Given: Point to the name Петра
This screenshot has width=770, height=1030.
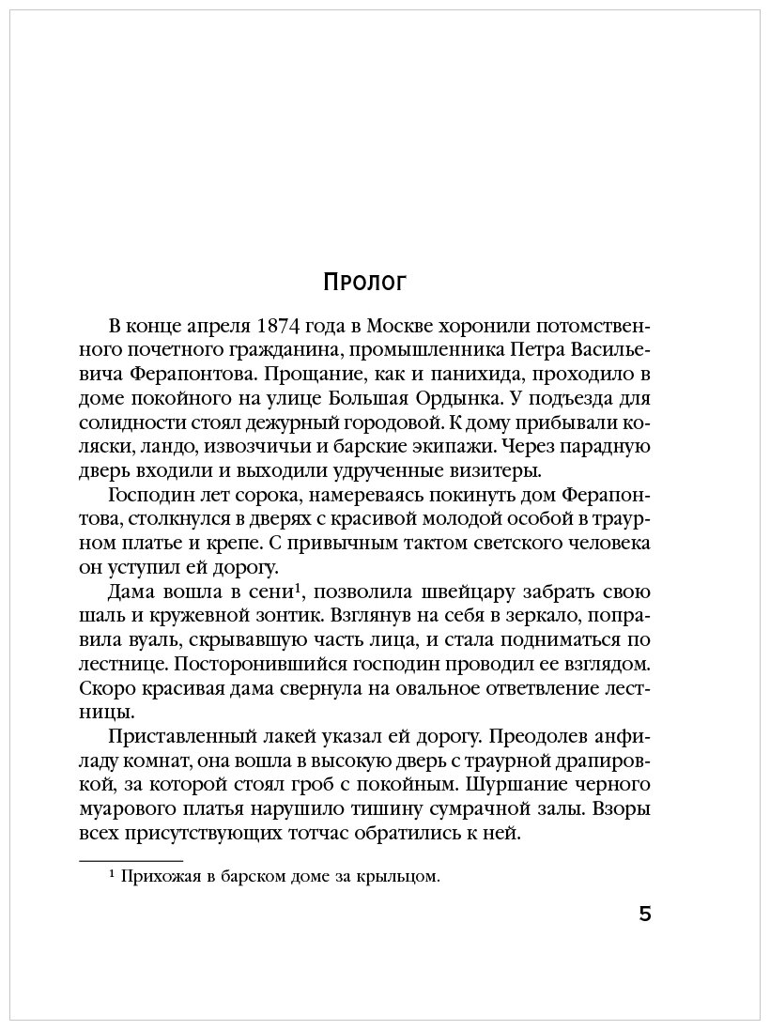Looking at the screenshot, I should (x=537, y=349).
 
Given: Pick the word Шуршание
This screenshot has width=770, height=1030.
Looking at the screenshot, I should (x=512, y=787).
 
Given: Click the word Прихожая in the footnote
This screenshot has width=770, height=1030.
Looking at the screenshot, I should (x=165, y=878).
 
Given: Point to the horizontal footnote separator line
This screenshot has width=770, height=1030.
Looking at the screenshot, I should (x=131, y=860).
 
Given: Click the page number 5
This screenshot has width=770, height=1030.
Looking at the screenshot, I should (x=644, y=915).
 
